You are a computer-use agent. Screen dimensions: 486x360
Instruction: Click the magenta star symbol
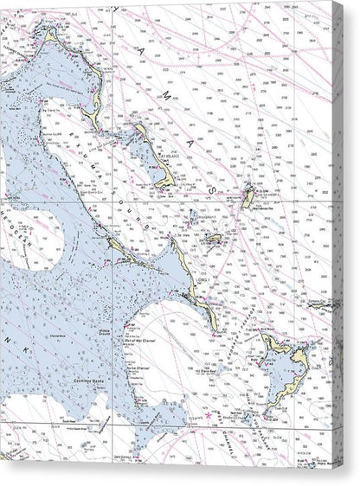(209, 416)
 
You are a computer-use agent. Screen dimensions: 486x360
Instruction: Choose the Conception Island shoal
(192, 214)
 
